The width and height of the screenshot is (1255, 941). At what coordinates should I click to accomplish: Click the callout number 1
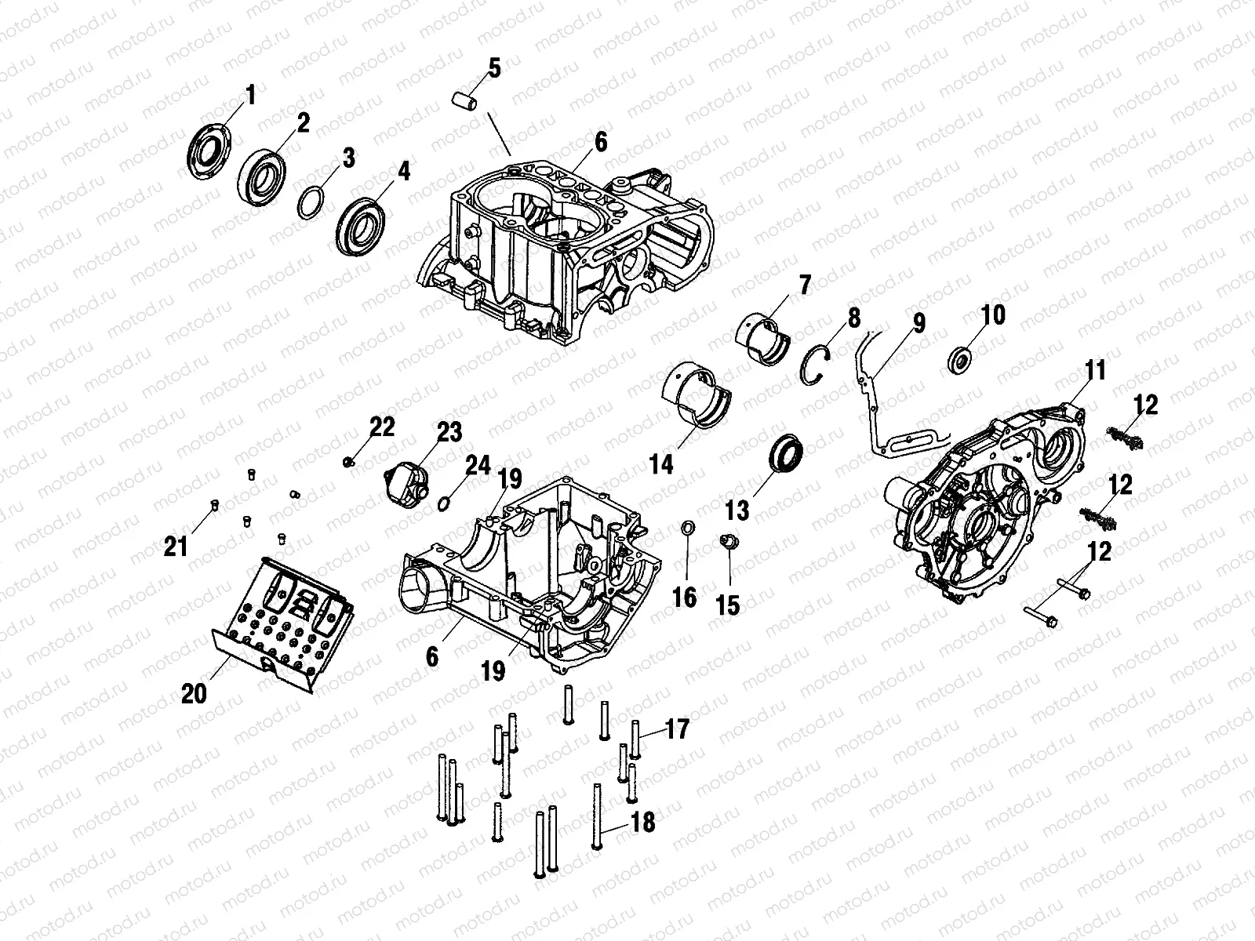[250, 96]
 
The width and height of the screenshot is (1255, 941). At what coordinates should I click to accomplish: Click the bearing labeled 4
[362, 227]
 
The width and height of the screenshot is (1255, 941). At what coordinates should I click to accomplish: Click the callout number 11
[1095, 370]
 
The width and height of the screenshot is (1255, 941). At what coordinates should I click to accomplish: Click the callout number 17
[677, 730]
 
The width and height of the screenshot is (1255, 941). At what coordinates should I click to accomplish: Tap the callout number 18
[642, 822]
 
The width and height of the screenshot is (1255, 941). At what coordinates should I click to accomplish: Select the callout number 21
[176, 545]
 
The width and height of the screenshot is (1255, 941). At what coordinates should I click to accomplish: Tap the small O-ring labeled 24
[444, 503]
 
